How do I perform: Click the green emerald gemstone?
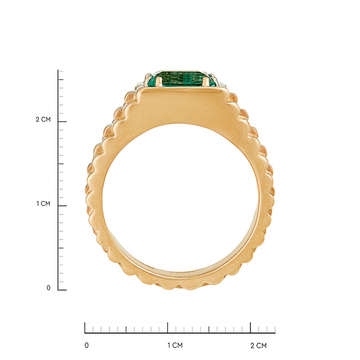pyautogui.click(x=182, y=79)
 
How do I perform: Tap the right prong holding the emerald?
pyautogui.click(x=206, y=82)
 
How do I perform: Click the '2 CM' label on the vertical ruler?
pyautogui.click(x=43, y=120)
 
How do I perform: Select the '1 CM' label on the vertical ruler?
pyautogui.click(x=43, y=204)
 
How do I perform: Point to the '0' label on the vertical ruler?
pyautogui.click(x=49, y=288)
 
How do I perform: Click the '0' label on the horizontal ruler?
pyautogui.click(x=86, y=345)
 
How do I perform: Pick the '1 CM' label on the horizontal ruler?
pyautogui.click(x=175, y=345)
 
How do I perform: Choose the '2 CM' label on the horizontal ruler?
pyautogui.click(x=258, y=346)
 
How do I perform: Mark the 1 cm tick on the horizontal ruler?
pyautogui.click(x=168, y=328)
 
